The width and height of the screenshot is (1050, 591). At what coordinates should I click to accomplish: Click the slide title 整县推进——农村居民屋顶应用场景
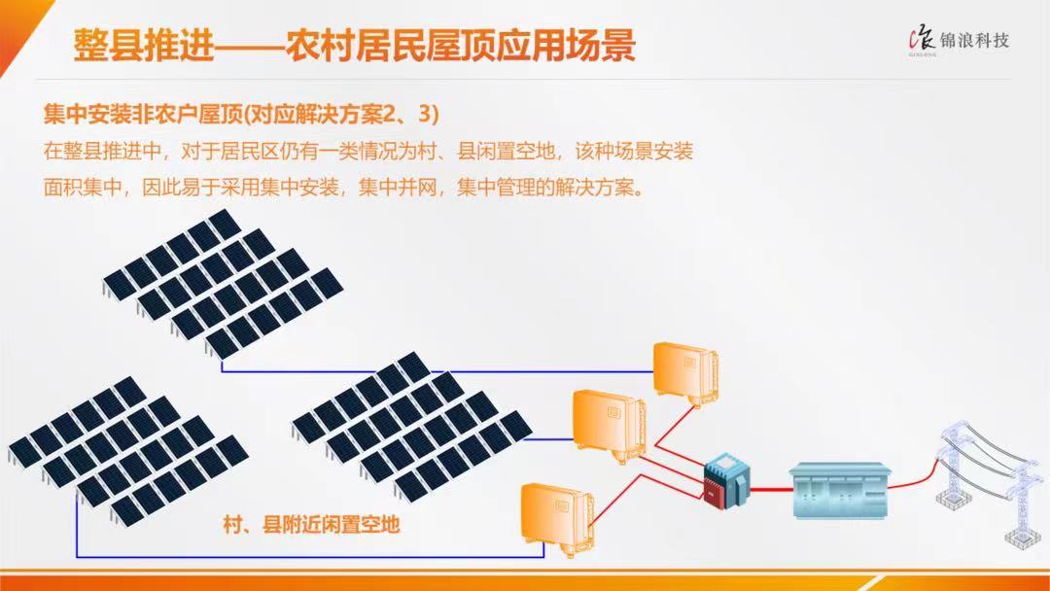[354, 46]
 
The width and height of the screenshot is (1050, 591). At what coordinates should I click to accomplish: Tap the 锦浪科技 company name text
[974, 40]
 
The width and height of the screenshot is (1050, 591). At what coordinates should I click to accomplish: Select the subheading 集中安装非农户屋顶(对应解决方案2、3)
[241, 115]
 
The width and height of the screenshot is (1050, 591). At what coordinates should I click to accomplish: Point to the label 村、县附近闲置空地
[311, 523]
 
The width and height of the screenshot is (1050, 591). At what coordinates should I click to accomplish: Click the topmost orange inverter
[685, 373]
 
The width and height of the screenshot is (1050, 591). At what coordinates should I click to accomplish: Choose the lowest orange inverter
[558, 519]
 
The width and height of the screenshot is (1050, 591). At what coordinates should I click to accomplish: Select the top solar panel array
[223, 284]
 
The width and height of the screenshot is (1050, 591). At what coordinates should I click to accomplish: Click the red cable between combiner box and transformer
[770, 490]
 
